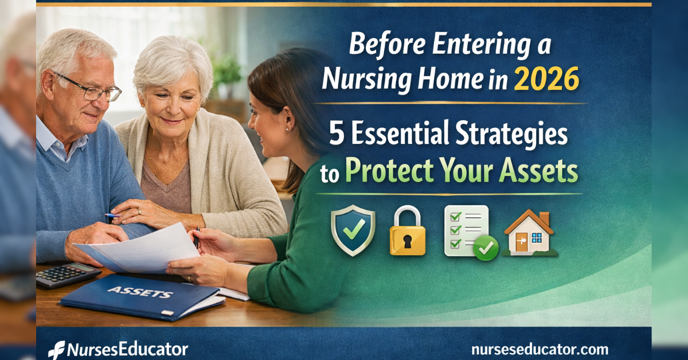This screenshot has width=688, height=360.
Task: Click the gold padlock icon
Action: pos(408,232)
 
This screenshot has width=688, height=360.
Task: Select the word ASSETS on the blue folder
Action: pos(140,293)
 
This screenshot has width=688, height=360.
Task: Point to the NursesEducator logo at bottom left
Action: pos(118,349)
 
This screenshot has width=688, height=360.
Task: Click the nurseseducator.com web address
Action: pos(539,349)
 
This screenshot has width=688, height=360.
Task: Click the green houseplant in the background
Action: pos(228,72)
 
